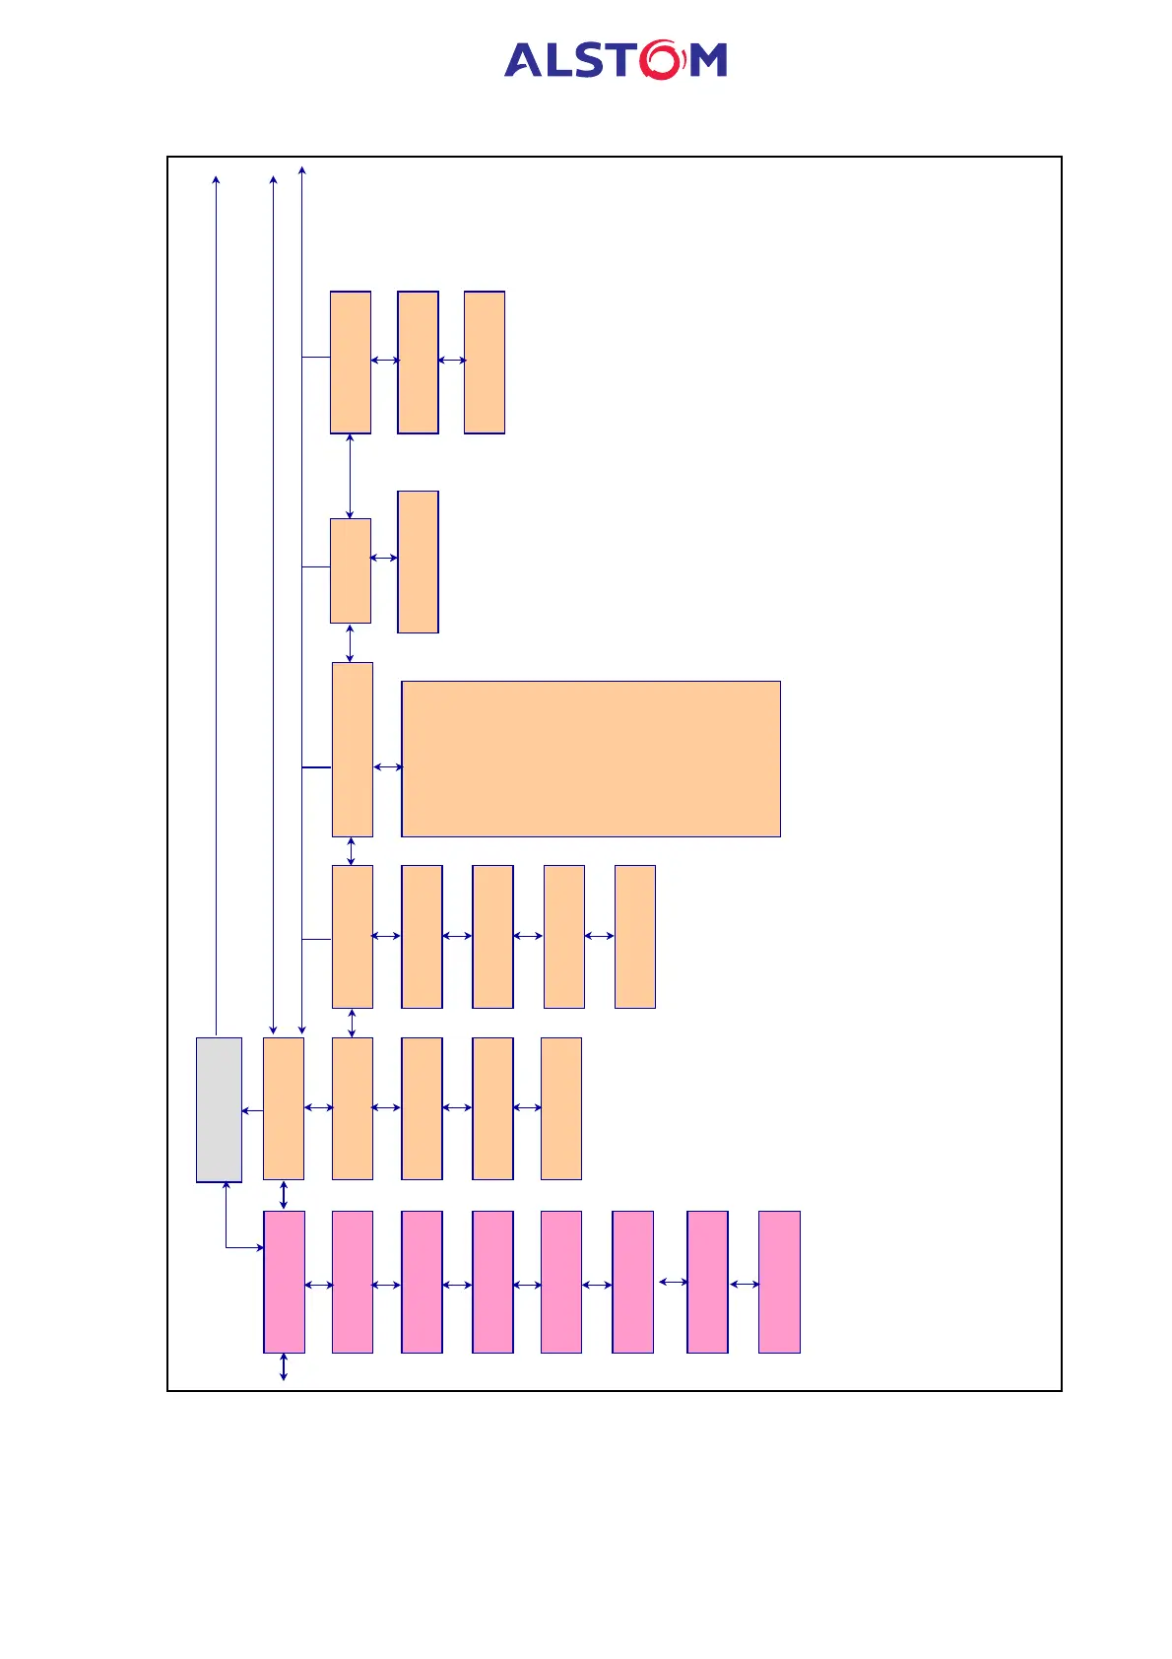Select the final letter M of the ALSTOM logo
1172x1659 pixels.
(x=708, y=60)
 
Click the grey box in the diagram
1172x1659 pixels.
(x=219, y=1109)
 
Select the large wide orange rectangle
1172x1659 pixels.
(x=591, y=759)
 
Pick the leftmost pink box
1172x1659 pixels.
(x=284, y=1282)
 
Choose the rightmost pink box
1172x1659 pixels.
(x=779, y=1282)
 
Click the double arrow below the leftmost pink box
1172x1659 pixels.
(x=284, y=1366)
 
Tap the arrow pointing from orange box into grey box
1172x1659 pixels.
(x=252, y=1111)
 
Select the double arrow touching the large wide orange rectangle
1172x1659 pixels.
(x=388, y=766)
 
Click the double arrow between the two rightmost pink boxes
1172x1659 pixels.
(x=745, y=1285)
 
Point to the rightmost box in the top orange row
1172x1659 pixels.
(x=485, y=363)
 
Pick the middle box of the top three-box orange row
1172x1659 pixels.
(x=418, y=363)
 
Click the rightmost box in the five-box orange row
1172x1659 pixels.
(x=635, y=937)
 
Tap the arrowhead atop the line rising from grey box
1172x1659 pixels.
(x=216, y=179)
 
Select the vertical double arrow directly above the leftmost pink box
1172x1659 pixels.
(x=284, y=1195)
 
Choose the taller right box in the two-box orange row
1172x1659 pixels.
(x=418, y=562)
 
